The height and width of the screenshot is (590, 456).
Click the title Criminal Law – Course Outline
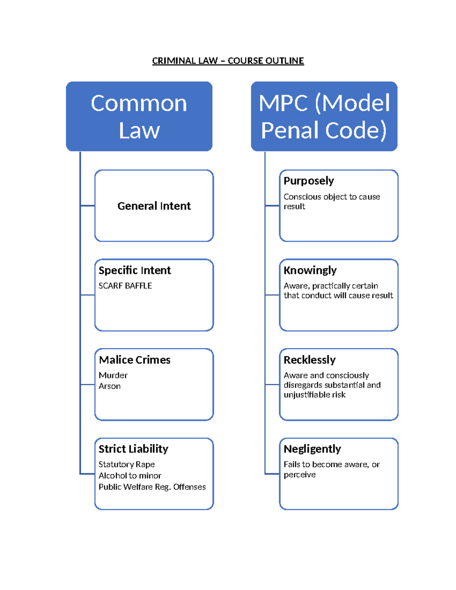pyautogui.click(x=228, y=61)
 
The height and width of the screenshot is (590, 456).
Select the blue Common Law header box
pyautogui.click(x=139, y=116)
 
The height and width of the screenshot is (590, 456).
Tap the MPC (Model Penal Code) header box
pyautogui.click(x=324, y=116)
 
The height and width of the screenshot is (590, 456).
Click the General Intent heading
pyautogui.click(x=154, y=206)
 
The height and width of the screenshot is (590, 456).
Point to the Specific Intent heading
pyautogui.click(x=135, y=270)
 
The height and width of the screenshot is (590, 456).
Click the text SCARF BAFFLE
pyautogui.click(x=125, y=286)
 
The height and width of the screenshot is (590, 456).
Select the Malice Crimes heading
pyautogui.click(x=135, y=360)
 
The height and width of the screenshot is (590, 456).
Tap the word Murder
pyautogui.click(x=113, y=375)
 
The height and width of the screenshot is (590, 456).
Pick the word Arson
pyautogui.click(x=109, y=386)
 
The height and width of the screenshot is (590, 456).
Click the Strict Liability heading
pyautogui.click(x=133, y=449)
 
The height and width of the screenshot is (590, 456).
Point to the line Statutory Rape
pyautogui.click(x=127, y=464)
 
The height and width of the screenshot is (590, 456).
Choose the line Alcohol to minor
pyautogui.click(x=130, y=476)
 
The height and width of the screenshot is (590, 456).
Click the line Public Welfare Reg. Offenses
pyautogui.click(x=152, y=487)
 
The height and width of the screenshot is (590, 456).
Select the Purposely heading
pyautogui.click(x=309, y=181)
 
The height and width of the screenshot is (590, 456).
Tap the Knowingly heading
pyautogui.click(x=310, y=270)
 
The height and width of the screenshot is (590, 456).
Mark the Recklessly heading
pyautogui.click(x=310, y=360)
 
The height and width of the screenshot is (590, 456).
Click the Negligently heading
pyautogui.click(x=312, y=449)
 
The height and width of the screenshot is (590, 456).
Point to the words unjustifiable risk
pyautogui.click(x=315, y=395)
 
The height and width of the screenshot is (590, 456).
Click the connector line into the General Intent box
pyautogui.click(x=87, y=206)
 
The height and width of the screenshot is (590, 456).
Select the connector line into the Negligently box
pyautogui.click(x=272, y=474)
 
